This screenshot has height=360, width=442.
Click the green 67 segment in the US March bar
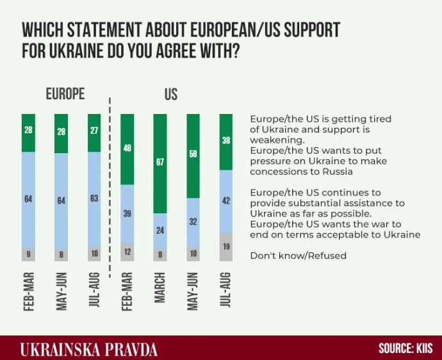[160, 163]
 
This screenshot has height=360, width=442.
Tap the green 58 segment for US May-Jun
[193, 156]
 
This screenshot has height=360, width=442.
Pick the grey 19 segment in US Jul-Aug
[226, 247]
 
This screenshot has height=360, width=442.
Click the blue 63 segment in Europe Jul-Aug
[95, 199]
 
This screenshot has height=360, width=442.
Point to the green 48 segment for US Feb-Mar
[127, 149]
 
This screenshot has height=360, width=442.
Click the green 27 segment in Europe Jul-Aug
[95, 133]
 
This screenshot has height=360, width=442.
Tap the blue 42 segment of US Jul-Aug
[226, 201]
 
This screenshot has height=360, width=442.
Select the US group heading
[171, 95]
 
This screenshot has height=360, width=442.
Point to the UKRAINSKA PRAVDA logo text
[88, 349]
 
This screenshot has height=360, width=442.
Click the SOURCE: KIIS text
[405, 348]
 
